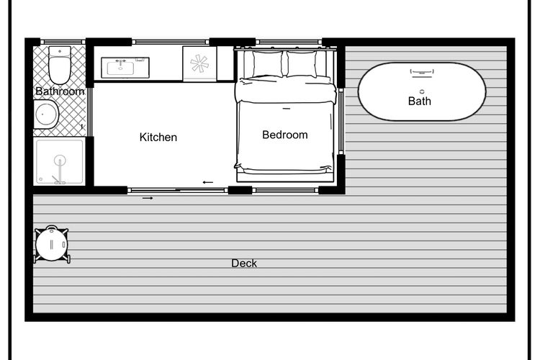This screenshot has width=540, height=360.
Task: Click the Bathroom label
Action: [x=60, y=91]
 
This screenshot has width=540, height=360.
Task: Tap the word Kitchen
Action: [x=158, y=137]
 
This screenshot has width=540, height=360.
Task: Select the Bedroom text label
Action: [x=285, y=135]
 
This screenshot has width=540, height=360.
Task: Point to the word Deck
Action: [x=244, y=264]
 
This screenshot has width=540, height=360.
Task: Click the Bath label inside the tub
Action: [x=420, y=101]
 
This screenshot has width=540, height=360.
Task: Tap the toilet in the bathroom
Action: [x=60, y=65]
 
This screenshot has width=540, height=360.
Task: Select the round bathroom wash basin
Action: [x=46, y=114]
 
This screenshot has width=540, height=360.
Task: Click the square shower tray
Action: [x=60, y=161]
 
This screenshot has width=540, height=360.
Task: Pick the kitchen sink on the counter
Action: [x=125, y=68]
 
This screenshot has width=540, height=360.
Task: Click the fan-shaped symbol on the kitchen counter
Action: [x=199, y=64]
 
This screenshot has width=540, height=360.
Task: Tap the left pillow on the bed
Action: [x=268, y=64]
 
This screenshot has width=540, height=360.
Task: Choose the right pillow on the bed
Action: [x=302, y=64]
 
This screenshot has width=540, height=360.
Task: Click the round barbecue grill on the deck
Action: [x=52, y=244]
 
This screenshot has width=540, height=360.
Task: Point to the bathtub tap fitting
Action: [x=422, y=72]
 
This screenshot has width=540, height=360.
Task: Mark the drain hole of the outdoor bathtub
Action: [x=422, y=91]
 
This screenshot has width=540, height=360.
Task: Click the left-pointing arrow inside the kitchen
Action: [x=208, y=182]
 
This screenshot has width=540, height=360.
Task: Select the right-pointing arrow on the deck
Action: [x=148, y=198]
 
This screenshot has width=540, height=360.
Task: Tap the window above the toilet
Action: [x=63, y=42]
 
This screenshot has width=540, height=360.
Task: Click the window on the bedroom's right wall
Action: [x=341, y=121]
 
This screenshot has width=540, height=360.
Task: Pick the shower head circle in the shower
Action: [x=60, y=160]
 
